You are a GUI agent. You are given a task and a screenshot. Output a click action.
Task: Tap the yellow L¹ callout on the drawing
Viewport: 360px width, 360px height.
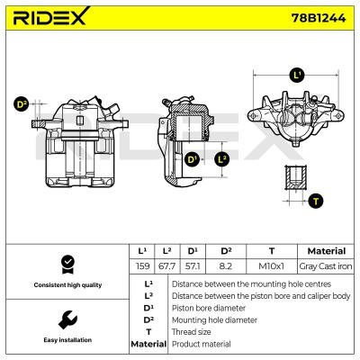click(x=297, y=75)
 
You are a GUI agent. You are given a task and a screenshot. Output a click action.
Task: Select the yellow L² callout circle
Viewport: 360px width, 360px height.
click(x=222, y=159)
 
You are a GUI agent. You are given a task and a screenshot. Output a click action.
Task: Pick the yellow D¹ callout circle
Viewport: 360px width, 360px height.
click(x=192, y=159)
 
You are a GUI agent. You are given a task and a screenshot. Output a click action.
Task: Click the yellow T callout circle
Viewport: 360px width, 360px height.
click(x=316, y=201)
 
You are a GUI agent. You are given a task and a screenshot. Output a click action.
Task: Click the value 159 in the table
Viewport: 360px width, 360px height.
click(x=141, y=266)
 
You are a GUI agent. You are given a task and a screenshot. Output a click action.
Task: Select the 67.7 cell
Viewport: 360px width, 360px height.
click(x=166, y=266)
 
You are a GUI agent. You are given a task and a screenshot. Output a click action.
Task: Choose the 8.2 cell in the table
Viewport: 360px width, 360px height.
click(x=227, y=266)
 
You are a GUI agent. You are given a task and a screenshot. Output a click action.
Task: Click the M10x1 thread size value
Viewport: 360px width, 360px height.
click(x=272, y=266)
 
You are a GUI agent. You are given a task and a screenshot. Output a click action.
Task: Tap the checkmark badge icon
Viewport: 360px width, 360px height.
click(x=66, y=263)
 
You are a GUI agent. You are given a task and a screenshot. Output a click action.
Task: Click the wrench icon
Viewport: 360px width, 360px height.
click(x=66, y=319)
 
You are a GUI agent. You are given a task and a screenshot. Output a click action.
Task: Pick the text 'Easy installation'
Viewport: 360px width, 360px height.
click(x=66, y=340)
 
